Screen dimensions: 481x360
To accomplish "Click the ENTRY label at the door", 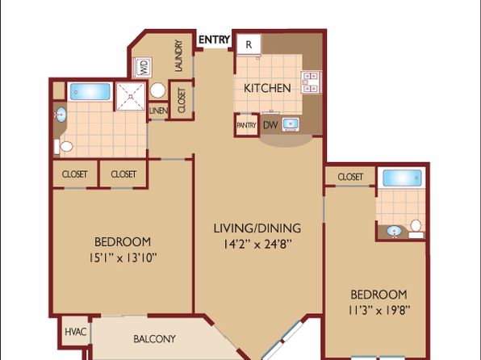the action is coord(214,40).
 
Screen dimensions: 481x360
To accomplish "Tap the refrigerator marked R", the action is coord(249,44).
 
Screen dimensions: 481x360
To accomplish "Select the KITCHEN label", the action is coord(267,89).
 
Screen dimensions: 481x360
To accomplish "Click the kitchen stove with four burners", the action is coord(312,82).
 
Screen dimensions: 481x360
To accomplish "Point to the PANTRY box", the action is coord(246,125).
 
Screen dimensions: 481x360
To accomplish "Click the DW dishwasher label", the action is coord(270,125).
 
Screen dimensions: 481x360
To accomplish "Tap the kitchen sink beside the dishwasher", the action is coord(291,124).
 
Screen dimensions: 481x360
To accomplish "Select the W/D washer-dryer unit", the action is coord(142,67).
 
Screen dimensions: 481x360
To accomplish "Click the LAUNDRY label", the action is coord(178,57).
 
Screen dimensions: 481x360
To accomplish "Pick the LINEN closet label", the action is coord(158,111).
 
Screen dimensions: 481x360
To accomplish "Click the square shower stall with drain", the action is coord(131,96).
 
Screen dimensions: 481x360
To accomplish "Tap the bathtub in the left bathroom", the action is coord(90,91).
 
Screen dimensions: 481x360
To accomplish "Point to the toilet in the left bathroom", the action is coord(64,147).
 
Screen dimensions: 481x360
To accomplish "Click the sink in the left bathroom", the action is coord(61,115).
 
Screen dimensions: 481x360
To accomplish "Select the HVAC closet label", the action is coord(76,332).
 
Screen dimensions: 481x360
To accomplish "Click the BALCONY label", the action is coord(154,339).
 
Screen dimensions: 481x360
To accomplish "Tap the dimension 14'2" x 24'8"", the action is coord(257,245).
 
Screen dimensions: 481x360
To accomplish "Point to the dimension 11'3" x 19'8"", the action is coord(379,311).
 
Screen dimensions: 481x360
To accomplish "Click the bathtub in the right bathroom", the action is coord(402,178).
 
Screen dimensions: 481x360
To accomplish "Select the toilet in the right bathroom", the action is coord(416,229).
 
